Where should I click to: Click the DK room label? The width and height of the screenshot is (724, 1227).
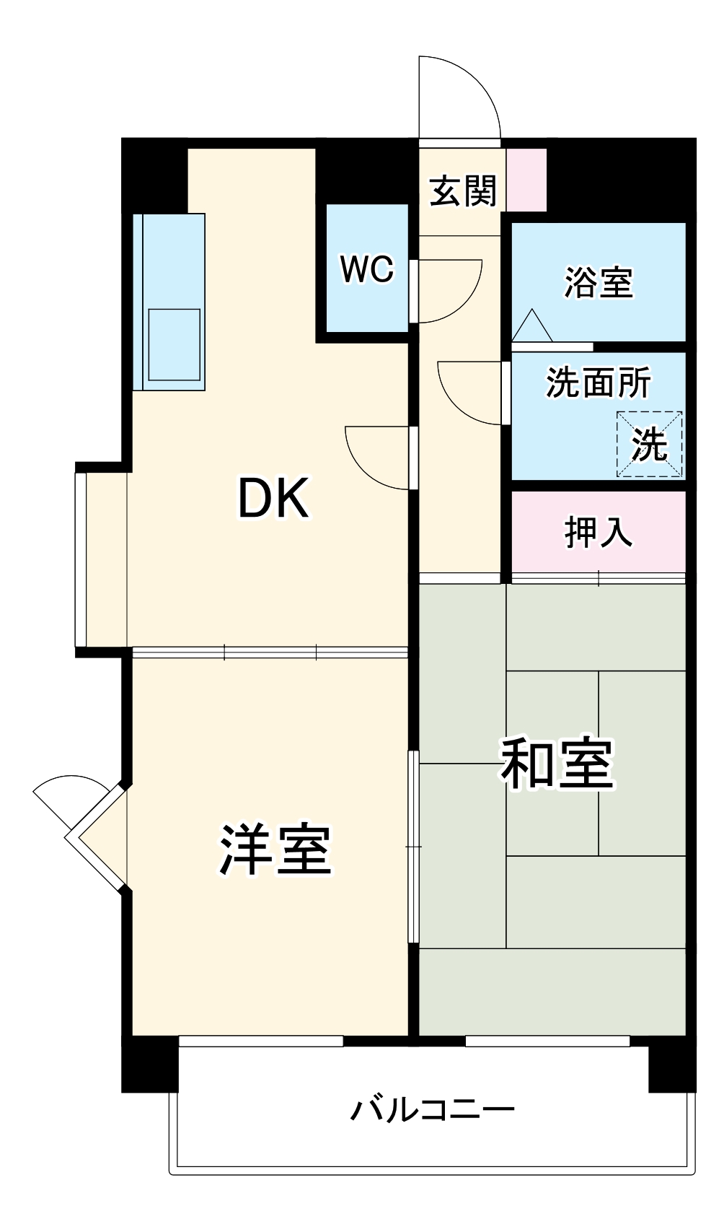pos(273,499)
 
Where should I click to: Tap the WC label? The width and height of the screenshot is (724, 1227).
pos(367,269)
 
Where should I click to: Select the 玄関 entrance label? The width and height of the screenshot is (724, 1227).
pos(463,191)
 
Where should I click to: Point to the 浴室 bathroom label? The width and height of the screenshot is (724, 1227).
pos(598,282)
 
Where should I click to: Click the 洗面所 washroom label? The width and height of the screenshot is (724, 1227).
pos(598,383)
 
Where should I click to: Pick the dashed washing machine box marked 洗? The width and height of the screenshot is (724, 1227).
pos(648,445)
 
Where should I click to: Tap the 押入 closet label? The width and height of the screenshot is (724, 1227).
pos(598,533)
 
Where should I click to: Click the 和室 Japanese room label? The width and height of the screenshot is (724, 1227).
pos(557,764)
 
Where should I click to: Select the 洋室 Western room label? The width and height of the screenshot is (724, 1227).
pos(275,849)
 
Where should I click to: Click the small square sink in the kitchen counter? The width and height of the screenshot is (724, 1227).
pos(174,344)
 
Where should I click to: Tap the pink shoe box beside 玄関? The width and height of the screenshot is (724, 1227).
pos(526,180)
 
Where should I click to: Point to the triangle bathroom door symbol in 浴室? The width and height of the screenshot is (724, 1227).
pos(532,326)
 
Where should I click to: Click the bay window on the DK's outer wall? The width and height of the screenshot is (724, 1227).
pos(81,559)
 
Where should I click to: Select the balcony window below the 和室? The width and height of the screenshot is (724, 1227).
pos(547,1041)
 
